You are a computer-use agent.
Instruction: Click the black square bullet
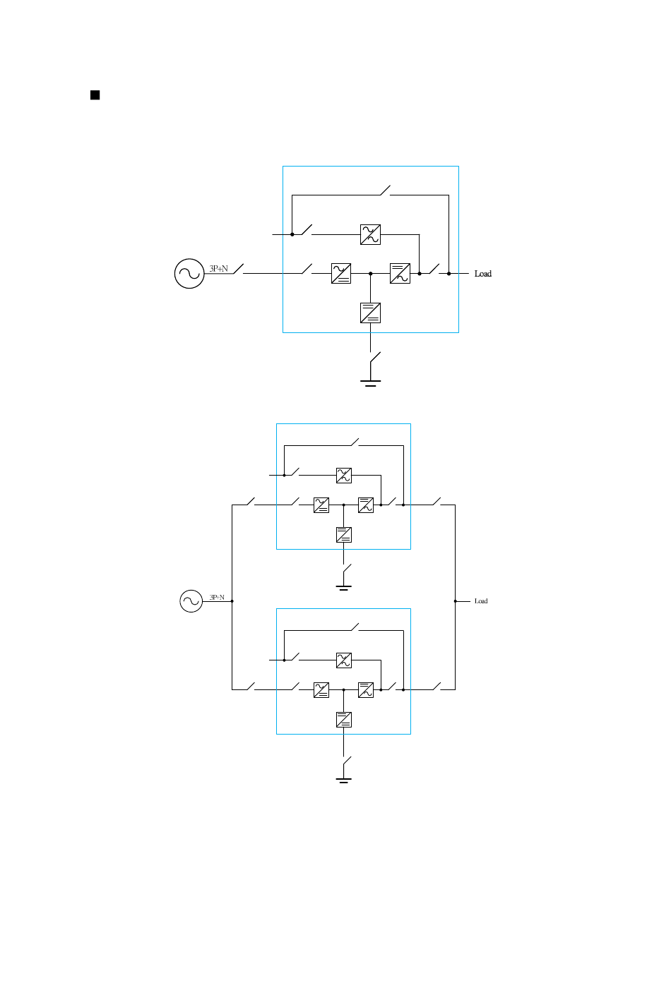pyautogui.click(x=95, y=95)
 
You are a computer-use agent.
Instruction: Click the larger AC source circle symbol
pyautogui.click(x=189, y=274)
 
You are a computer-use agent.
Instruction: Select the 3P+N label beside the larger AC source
pyautogui.click(x=219, y=269)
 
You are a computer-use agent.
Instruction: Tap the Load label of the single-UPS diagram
pyautogui.click(x=483, y=274)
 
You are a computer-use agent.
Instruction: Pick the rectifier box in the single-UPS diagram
pyautogui.click(x=341, y=274)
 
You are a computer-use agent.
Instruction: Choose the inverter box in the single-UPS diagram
pyautogui.click(x=400, y=274)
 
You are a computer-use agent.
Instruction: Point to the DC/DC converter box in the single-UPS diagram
pyautogui.click(x=370, y=313)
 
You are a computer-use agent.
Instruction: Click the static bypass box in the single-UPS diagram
pyautogui.click(x=370, y=234)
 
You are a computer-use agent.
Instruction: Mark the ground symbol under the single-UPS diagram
pyautogui.click(x=370, y=383)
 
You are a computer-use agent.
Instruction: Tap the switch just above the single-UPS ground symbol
pyautogui.click(x=374, y=357)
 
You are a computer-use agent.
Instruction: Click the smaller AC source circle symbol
pyautogui.click(x=191, y=601)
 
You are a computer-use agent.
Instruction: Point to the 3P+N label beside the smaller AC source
pyautogui.click(x=217, y=598)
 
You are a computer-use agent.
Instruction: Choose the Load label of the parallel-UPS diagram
pyautogui.click(x=481, y=601)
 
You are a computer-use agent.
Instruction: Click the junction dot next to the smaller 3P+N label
pyautogui.click(x=232, y=601)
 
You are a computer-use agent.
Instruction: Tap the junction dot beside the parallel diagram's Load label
pyautogui.click(x=455, y=601)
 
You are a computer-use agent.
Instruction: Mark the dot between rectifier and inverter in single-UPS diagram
pyautogui.click(x=370, y=274)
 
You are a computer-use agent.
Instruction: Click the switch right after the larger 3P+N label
pyautogui.click(x=239, y=270)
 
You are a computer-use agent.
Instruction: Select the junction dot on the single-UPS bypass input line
pyautogui.click(x=292, y=234)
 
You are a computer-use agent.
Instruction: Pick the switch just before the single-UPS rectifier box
pyautogui.click(x=307, y=270)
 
